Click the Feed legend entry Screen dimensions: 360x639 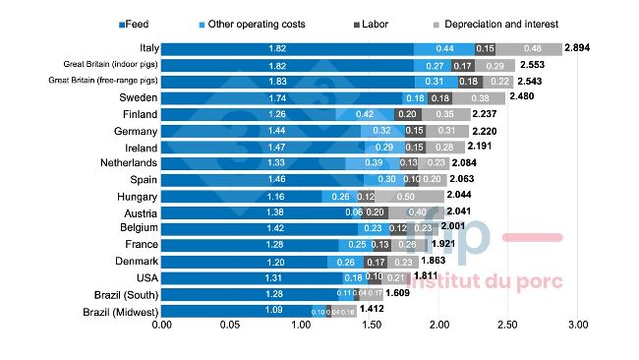135,22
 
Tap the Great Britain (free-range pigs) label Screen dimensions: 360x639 102,81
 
